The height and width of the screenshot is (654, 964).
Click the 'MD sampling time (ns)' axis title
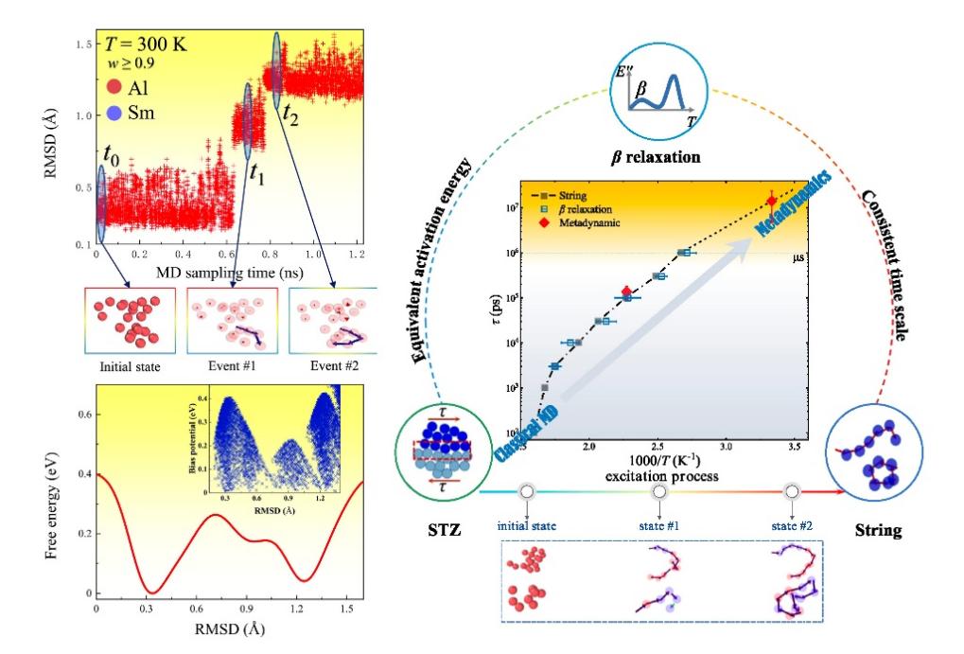tap(227, 271)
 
